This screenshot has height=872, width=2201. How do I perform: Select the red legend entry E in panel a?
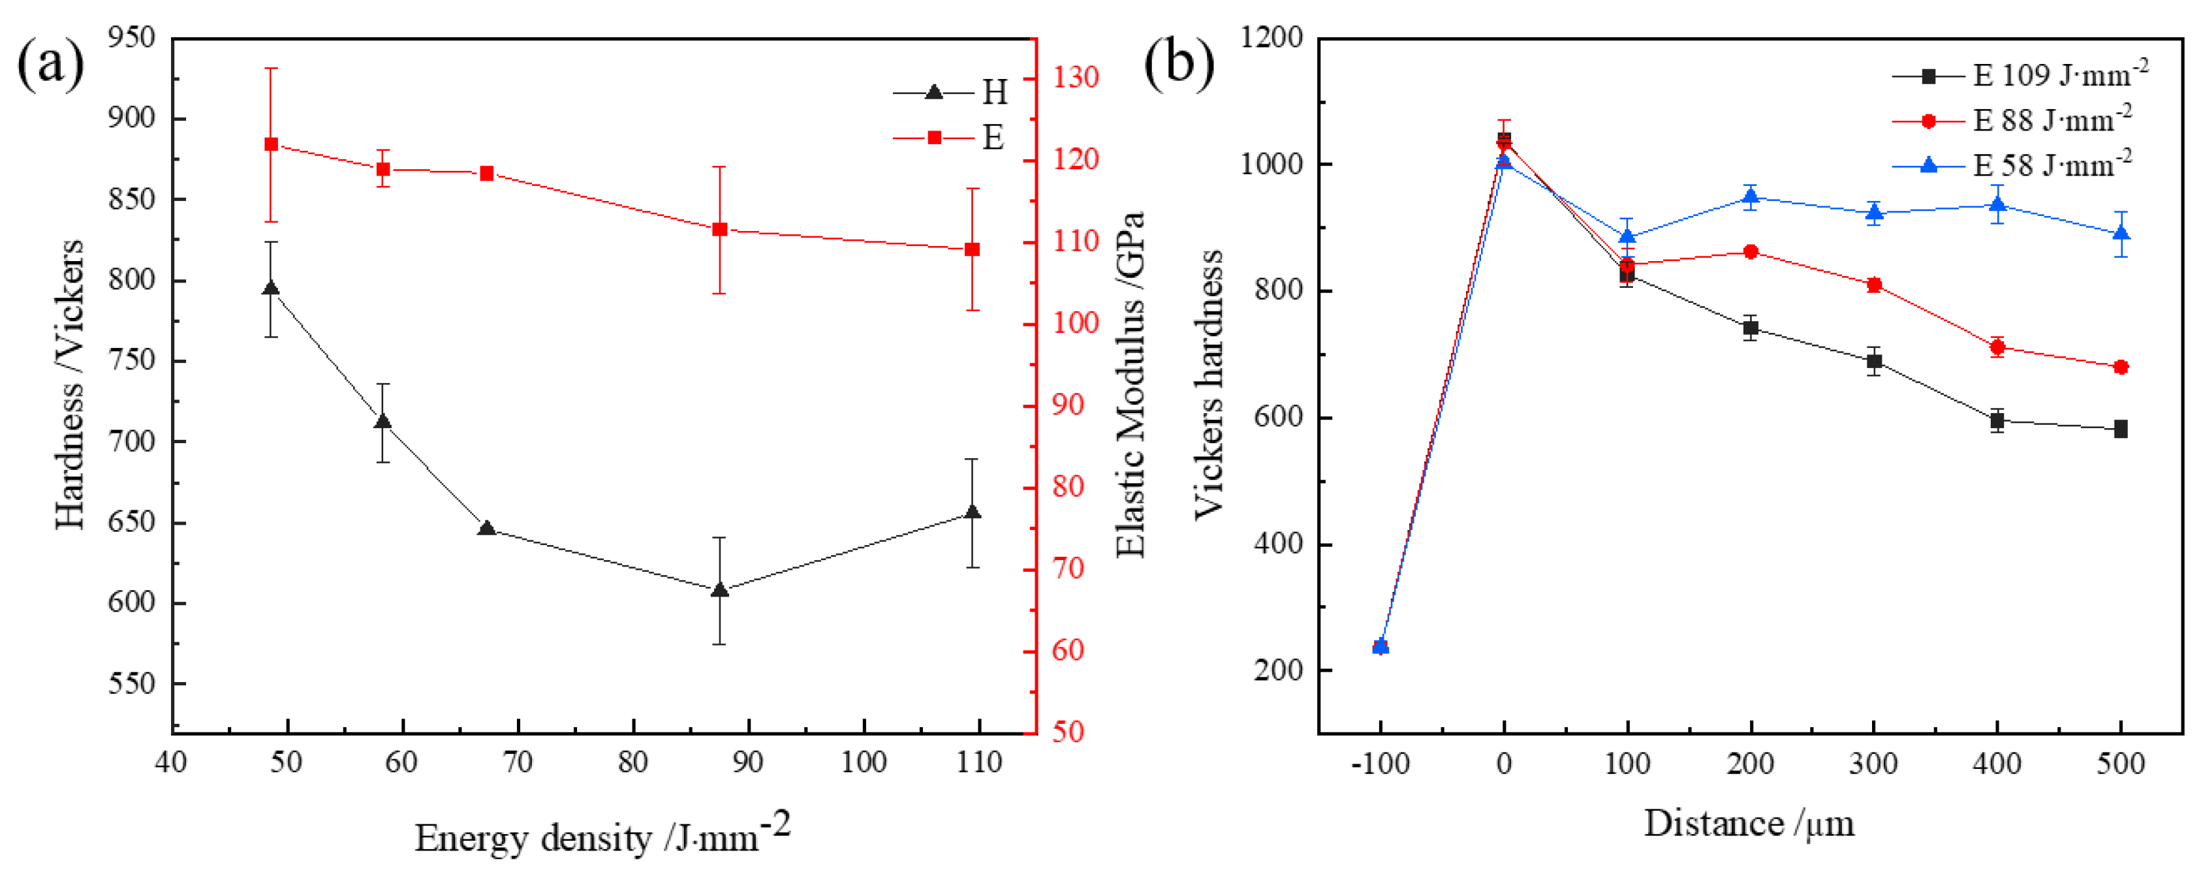coord(948,138)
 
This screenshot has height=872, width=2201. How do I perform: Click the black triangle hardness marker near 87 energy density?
coord(719,589)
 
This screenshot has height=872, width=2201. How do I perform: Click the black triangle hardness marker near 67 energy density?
coord(487,529)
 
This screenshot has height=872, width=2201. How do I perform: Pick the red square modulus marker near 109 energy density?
coord(971,249)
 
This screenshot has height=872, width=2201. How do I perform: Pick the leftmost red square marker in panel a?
coord(271,144)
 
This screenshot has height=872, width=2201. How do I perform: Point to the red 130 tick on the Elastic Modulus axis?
coord(1075,78)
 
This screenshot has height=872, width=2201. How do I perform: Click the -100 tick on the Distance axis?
coord(1381,763)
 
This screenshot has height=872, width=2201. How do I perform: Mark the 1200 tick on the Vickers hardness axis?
coord(1272,38)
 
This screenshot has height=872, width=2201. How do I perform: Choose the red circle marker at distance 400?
coord(1997,347)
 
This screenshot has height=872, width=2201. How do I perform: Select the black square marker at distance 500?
coord(2121,429)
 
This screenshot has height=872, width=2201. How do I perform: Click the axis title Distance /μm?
coord(1749,824)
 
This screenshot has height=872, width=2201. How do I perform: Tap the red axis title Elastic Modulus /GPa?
coord(1130,384)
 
